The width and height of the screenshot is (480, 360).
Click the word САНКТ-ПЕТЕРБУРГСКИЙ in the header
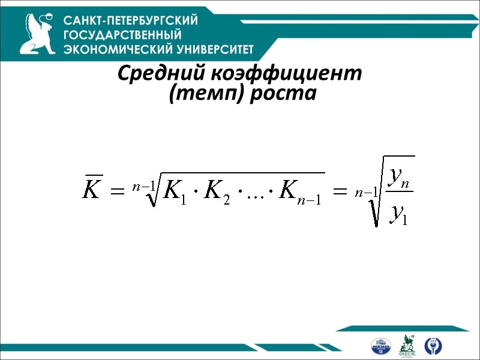131,20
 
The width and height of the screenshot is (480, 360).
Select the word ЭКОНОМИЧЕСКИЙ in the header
118,49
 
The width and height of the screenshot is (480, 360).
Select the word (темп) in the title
199,94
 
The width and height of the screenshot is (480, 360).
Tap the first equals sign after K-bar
119,191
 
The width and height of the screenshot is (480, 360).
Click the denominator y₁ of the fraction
398,212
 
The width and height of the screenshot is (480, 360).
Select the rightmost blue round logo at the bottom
433,346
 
